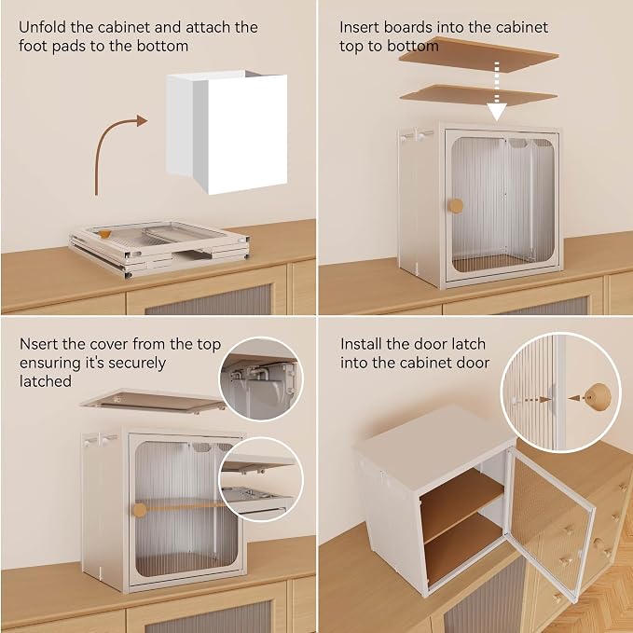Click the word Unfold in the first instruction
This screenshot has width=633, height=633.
click(x=42, y=27)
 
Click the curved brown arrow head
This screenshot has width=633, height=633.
click(x=142, y=120)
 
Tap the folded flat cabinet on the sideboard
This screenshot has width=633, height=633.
click(x=158, y=247)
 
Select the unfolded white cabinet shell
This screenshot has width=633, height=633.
click(x=227, y=131)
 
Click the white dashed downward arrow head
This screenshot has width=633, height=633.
click(x=497, y=112)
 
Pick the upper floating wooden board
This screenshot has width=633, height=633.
click(x=478, y=55)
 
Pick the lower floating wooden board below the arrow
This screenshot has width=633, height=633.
click(x=478, y=96)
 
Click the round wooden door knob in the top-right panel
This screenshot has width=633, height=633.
click(x=456, y=206)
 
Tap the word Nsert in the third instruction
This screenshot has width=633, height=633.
click(x=39, y=344)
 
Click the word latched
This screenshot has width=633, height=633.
click(x=46, y=381)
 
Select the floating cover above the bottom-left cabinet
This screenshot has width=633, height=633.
click(x=154, y=402)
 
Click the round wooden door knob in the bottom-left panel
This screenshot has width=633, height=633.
click(x=140, y=510)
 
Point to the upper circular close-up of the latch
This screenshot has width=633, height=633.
click(x=261, y=378)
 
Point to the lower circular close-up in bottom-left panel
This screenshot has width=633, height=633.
click(x=261, y=479)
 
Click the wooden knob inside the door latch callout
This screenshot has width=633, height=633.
click(x=597, y=397)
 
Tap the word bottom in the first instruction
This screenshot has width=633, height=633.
click(x=163, y=46)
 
